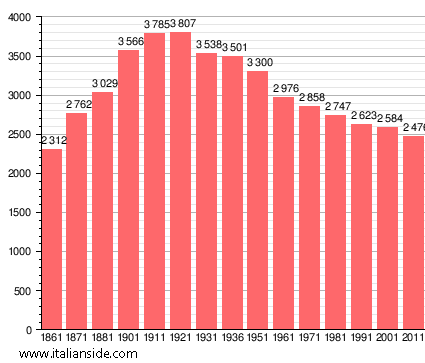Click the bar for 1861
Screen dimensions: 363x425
point(51,239)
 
